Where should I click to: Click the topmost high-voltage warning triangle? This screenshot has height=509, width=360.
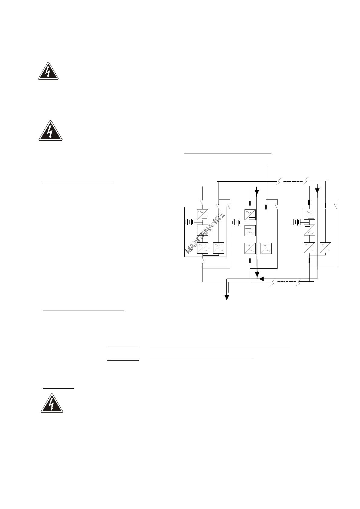48,71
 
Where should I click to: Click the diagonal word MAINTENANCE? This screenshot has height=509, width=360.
205,233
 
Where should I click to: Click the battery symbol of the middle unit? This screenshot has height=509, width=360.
237,222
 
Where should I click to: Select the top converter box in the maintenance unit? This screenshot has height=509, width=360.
202,214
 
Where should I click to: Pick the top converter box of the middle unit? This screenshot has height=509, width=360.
250,215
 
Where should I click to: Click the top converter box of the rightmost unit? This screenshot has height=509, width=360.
309,215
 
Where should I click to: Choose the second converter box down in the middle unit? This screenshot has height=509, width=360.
250,231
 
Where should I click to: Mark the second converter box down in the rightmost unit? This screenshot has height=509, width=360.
309,230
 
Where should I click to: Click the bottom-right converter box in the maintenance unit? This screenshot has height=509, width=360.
218,248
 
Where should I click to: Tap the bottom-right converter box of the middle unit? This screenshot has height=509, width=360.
266,248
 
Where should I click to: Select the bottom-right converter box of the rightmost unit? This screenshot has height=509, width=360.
325,248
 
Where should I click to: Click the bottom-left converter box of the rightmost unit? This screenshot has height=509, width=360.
309,248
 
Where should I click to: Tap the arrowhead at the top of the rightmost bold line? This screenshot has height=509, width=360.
317,190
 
